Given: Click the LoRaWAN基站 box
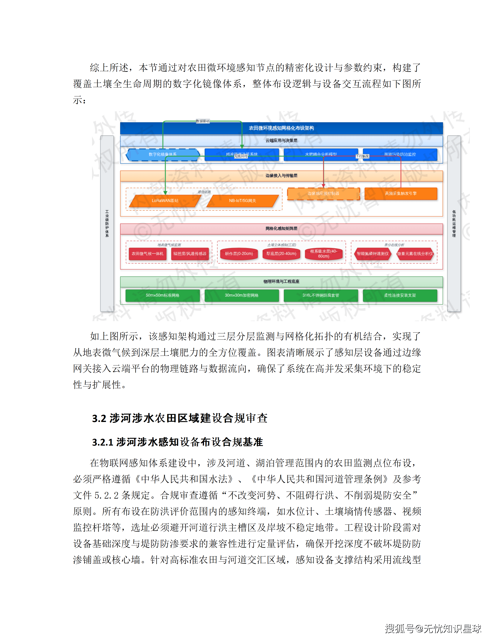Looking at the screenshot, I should tap(165, 201).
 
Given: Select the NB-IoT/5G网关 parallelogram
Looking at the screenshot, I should tap(242, 201).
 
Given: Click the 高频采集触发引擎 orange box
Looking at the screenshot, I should tap(401, 193).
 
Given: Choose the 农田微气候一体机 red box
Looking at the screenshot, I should tap(148, 254).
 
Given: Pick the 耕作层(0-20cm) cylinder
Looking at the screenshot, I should tap(239, 254).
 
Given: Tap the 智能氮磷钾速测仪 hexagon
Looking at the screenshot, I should tap(373, 254).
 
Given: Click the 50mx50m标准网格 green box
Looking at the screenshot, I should tap(162, 295).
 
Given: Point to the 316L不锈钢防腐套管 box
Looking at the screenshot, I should tap(321, 295).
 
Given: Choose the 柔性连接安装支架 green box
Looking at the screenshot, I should tap(400, 295).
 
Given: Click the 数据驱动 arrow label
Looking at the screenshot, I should tap(203, 121).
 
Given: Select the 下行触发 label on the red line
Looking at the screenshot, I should tap(362, 156).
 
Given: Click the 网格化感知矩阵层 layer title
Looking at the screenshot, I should tap(281, 229).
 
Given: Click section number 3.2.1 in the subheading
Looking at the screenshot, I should tap(103, 442).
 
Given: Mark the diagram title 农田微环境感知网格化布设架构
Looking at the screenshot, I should tap(281, 128).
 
